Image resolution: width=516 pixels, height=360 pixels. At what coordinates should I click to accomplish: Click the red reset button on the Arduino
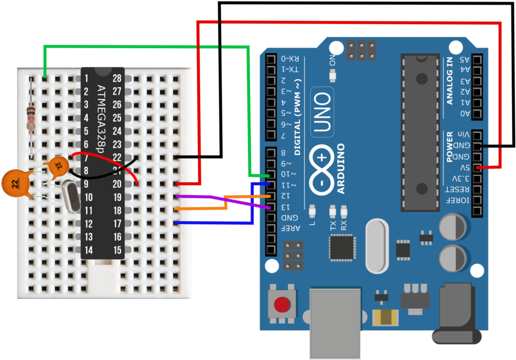pos(282,304)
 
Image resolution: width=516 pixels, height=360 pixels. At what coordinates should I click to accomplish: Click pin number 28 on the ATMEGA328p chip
pos(117,78)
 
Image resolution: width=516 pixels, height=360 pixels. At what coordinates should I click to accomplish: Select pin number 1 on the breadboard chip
pos(87,78)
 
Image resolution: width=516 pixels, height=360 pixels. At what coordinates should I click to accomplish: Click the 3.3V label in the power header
pos(459,178)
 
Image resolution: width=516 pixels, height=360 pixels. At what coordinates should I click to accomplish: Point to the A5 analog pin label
pos(464,59)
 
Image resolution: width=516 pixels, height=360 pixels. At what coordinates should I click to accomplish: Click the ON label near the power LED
pos(332,60)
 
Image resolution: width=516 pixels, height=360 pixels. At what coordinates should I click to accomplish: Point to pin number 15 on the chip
pos(117,250)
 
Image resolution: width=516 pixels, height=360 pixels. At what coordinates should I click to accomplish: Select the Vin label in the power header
pos(459,134)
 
